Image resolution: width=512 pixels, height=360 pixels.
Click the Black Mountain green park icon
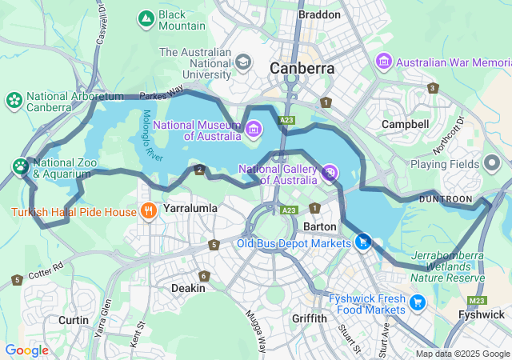point(146,18)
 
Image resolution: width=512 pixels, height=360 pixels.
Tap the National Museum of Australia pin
point(254,128)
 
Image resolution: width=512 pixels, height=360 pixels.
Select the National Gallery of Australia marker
point(329,172)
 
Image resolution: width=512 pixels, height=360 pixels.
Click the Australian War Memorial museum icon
point(384,61)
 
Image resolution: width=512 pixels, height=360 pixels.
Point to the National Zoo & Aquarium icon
point(20,166)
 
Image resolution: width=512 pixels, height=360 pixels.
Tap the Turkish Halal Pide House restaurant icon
point(148,211)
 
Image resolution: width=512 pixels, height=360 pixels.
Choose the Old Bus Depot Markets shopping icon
point(363,241)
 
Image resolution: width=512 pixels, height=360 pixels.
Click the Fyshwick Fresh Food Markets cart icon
point(417,302)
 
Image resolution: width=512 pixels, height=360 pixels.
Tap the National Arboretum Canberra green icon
point(14,100)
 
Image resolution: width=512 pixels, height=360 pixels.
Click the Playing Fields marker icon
point(492,164)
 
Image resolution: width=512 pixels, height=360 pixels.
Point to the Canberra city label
point(302,68)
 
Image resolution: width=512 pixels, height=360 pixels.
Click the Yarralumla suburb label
point(191,208)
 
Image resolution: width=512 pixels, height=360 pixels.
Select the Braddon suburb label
point(319,14)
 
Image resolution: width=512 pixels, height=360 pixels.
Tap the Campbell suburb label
point(405,125)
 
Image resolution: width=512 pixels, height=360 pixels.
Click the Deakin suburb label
point(188,288)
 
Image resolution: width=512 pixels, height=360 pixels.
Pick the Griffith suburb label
point(309,318)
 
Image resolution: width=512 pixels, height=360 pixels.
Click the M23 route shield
point(478,300)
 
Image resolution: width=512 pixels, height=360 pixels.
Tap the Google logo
point(26,350)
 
